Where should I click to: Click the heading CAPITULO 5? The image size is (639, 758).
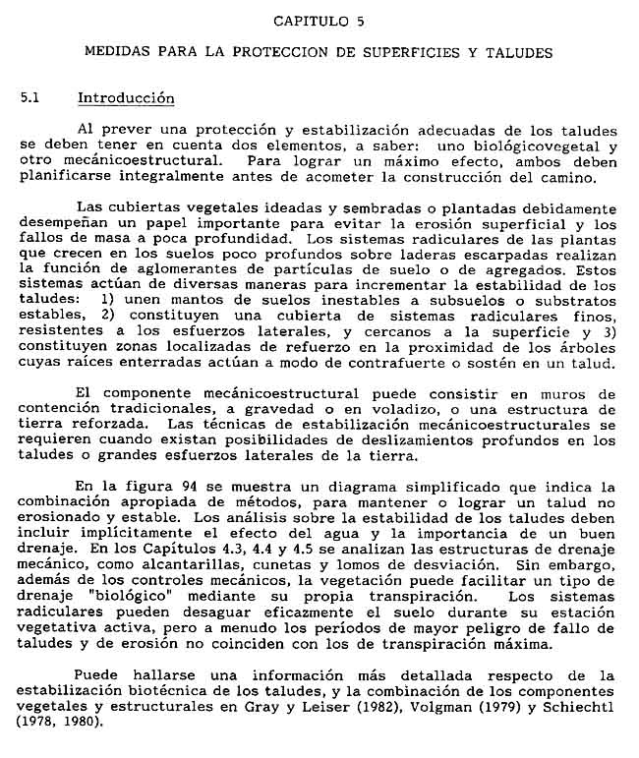[319, 20]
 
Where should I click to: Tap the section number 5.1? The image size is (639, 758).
[30, 98]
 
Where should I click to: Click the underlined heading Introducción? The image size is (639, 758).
[125, 98]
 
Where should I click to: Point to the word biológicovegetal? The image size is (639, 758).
[538, 145]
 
